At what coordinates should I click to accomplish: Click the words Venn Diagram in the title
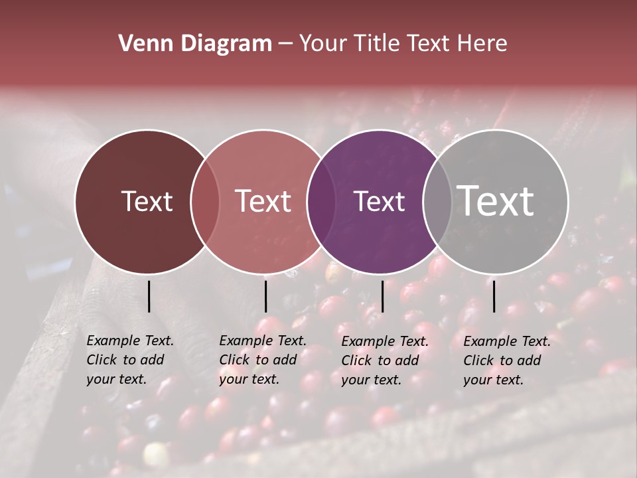(x=195, y=44)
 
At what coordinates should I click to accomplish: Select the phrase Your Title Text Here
(x=403, y=44)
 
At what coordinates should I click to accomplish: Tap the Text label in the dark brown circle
(x=147, y=201)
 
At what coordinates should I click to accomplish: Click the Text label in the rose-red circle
(x=263, y=201)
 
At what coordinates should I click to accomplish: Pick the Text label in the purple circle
(x=379, y=201)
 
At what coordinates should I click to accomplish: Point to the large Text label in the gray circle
(x=496, y=200)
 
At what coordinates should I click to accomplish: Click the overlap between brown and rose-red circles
(x=205, y=201)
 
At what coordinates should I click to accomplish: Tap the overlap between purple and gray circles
(x=437, y=201)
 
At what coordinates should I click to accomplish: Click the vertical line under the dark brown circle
(x=149, y=296)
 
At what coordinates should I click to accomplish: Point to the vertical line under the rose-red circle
(x=265, y=296)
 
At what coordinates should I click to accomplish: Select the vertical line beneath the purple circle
(x=382, y=296)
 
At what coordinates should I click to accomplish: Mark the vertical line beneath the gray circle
(x=494, y=296)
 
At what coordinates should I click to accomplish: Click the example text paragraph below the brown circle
(x=130, y=360)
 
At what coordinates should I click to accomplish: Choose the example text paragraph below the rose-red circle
(x=263, y=360)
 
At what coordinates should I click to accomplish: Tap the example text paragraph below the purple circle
(x=385, y=360)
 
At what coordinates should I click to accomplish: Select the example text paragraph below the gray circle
(x=507, y=360)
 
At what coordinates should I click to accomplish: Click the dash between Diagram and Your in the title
(x=285, y=44)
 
